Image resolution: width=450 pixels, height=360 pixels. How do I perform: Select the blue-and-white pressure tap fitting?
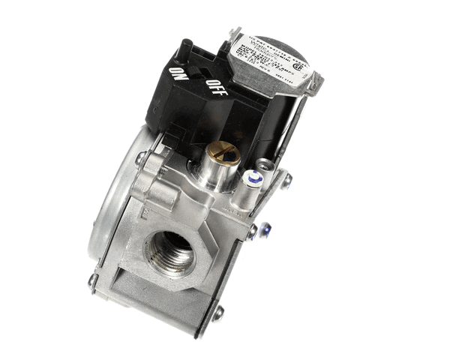[254, 180]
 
